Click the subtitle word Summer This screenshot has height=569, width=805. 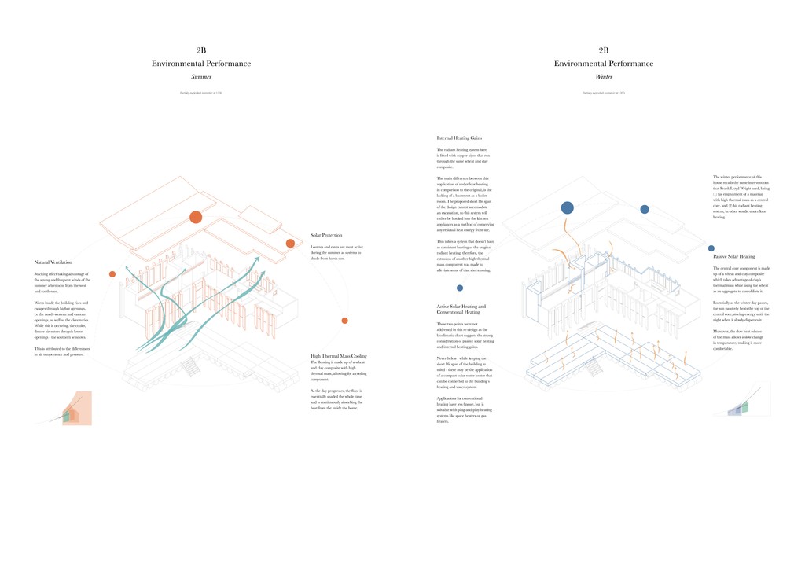click(x=201, y=77)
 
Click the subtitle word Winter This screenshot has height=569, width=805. click(x=604, y=77)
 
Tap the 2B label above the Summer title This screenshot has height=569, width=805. click(x=201, y=50)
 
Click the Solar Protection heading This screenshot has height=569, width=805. click(x=326, y=235)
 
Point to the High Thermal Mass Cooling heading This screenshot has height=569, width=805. click(x=339, y=356)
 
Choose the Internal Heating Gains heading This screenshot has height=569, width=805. click(x=459, y=138)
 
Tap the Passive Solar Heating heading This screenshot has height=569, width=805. click(x=734, y=256)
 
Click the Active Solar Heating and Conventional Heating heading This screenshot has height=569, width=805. click(x=461, y=309)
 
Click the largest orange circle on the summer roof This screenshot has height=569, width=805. click(x=196, y=217)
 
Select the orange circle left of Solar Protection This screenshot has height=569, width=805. click(x=290, y=244)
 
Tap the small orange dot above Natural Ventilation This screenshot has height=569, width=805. click(x=112, y=274)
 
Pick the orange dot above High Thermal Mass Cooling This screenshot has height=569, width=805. click(x=344, y=321)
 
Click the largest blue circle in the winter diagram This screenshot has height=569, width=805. click(x=567, y=207)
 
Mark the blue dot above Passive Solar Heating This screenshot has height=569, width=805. click(x=645, y=209)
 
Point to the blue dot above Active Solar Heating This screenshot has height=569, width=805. click(x=460, y=288)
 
